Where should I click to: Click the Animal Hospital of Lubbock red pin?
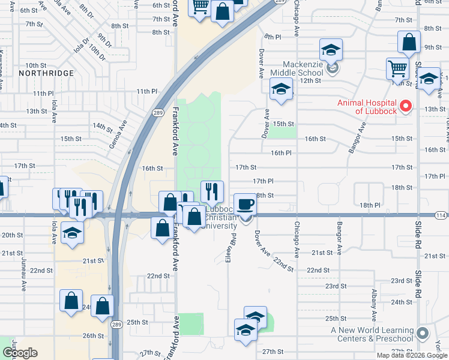(x=406, y=107)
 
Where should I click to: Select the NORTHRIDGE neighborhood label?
(x=46, y=73)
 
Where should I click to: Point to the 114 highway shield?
(x=441, y=215)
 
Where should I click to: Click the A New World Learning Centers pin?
(x=423, y=334)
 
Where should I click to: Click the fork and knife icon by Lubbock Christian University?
(x=211, y=191)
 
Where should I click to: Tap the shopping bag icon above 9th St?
(x=409, y=42)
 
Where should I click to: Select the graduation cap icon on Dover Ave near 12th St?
(x=280, y=90)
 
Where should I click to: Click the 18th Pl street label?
(x=371, y=206)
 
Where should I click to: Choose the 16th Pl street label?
(x=281, y=153)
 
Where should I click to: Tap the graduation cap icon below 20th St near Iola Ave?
(x=72, y=233)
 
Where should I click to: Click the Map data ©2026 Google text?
(x=411, y=355)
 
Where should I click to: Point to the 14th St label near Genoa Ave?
(x=103, y=127)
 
